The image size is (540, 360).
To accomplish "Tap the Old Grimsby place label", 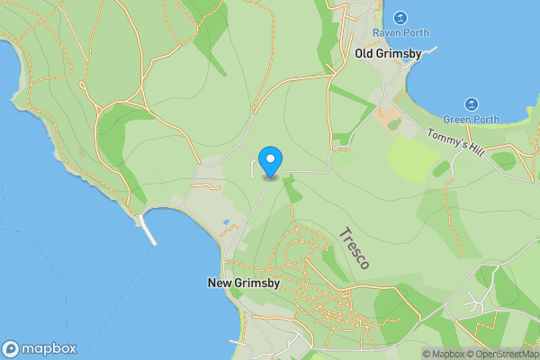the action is coord(388,54).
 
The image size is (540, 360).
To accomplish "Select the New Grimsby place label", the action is coord(244,283).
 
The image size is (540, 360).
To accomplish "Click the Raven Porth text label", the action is coord(400,32).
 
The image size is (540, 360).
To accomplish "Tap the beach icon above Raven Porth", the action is coord(400,17).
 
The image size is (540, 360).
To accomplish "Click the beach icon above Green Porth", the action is coord(472,104).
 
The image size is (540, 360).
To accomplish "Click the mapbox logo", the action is coord(39,349).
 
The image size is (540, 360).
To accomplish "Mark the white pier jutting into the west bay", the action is coord(148,230).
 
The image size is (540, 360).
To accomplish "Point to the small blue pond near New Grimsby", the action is coord(226,222).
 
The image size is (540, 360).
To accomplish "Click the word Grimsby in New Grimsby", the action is coord(258,283).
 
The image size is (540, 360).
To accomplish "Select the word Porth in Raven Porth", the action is coord(415,32).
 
